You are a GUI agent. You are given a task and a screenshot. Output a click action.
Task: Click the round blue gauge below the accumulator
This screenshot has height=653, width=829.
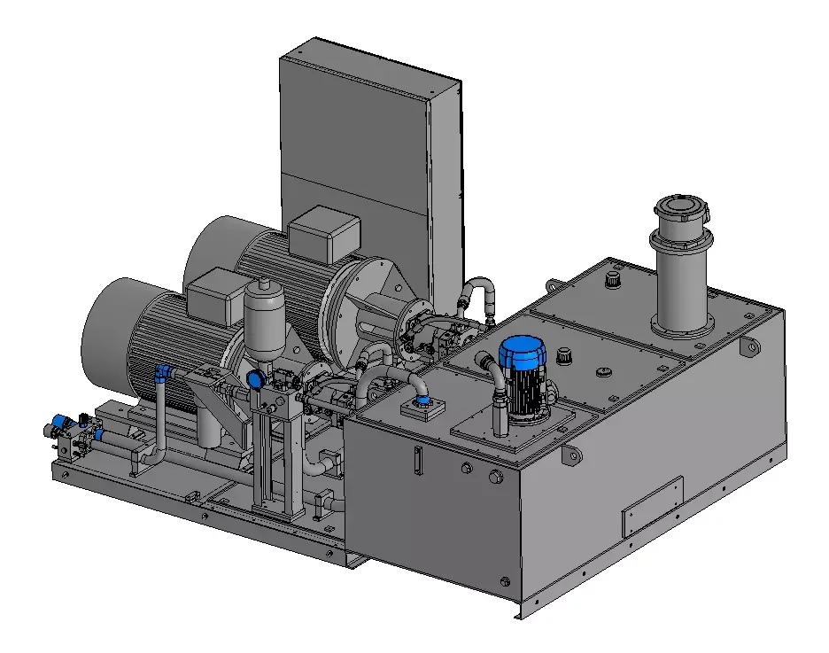[256, 379]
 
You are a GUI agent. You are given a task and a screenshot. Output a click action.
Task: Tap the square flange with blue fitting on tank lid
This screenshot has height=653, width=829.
[422, 407]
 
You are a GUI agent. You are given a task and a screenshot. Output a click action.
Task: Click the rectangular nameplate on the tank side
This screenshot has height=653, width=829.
[653, 505]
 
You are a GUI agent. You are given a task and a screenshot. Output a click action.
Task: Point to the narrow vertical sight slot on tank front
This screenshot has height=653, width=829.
[415, 460]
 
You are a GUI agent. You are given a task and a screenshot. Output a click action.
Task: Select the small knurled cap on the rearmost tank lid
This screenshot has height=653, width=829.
[609, 280]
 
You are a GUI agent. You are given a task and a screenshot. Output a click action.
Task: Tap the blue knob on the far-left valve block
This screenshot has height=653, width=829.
[61, 423]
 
